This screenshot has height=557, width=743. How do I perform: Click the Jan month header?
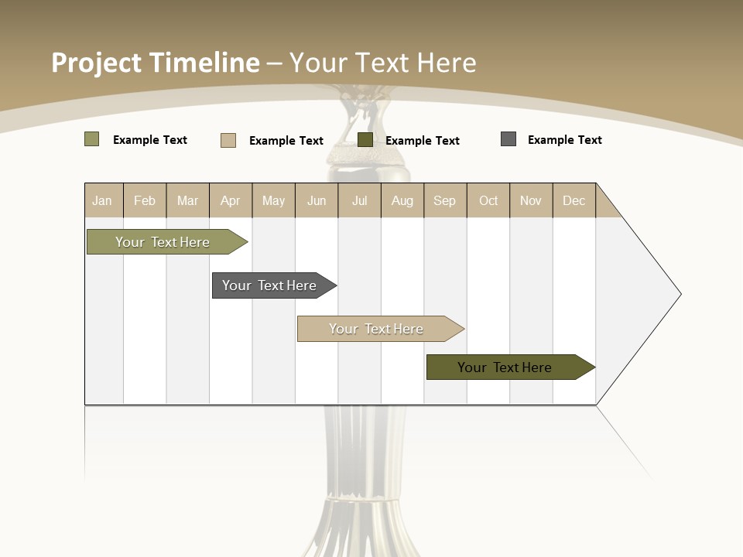pos(102,200)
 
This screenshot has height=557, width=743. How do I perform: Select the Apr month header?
pos(230,200)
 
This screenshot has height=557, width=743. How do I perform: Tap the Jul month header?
pos(359,200)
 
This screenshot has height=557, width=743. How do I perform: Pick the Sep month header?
pos(444,200)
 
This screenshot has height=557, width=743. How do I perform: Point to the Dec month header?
pos(574,200)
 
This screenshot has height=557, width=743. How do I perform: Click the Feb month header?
pos(145,200)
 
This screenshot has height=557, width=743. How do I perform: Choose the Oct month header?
pos(488,200)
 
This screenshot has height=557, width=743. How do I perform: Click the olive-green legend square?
pos(91,139)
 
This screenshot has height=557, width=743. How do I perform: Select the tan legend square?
pos(228,140)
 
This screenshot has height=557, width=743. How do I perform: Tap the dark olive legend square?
pos(365,140)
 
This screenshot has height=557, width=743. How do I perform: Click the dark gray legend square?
pos(508,139)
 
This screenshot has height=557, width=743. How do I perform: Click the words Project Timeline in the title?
pos(155,63)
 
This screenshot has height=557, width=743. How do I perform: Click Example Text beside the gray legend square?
pos(564,140)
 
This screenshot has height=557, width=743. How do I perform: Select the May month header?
pos(273,200)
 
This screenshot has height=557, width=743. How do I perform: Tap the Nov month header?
pos(531,200)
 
